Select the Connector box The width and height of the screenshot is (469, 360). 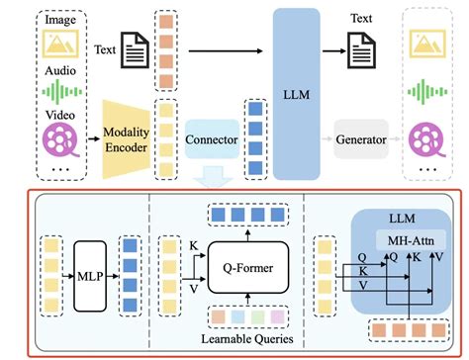click(213, 140)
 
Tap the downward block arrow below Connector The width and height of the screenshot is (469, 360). click(212, 175)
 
